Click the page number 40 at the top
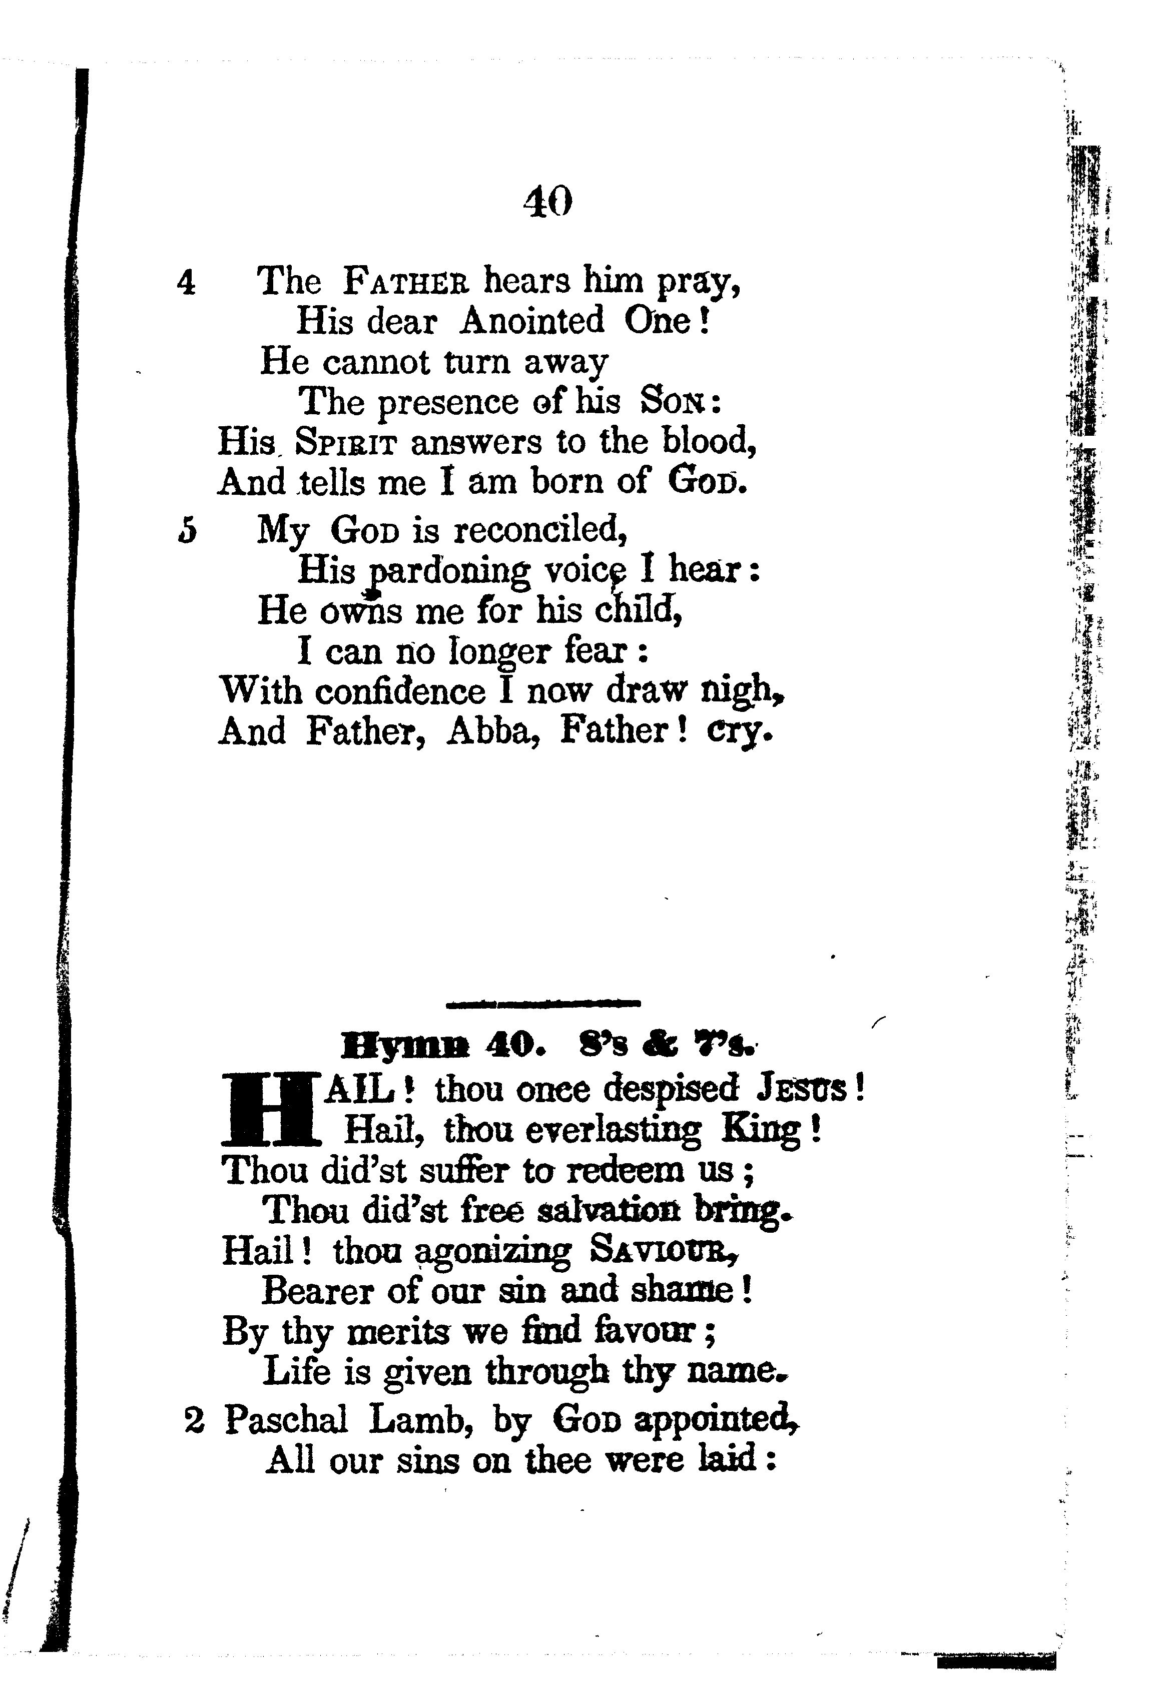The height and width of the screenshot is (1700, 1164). click(547, 201)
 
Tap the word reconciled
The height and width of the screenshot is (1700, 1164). click(540, 530)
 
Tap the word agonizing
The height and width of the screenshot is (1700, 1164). click(492, 1252)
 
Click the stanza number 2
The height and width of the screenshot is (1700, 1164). click(194, 1421)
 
